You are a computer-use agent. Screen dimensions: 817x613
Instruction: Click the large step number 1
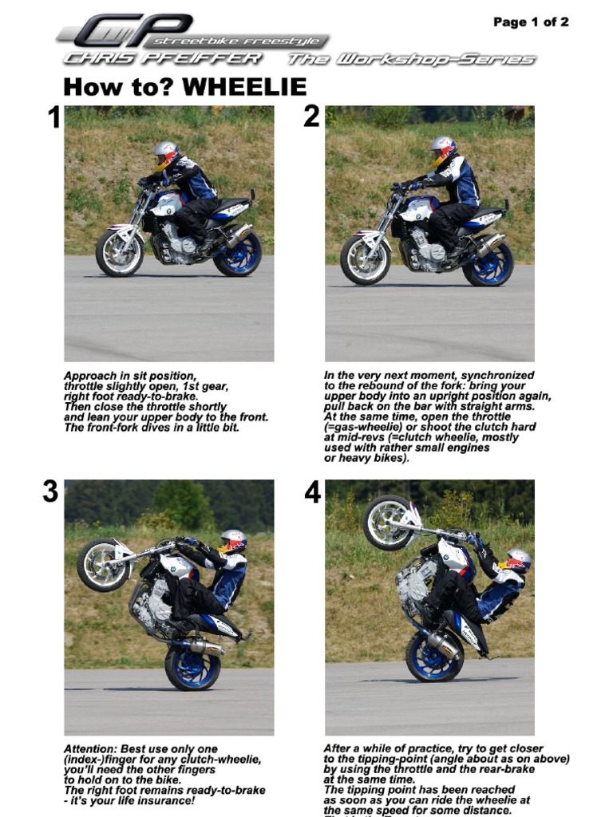tap(53, 119)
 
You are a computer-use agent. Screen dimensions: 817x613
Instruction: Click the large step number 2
tap(311, 117)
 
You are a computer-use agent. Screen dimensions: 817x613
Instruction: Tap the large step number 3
tap(50, 492)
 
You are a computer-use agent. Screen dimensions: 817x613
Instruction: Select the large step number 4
tap(312, 493)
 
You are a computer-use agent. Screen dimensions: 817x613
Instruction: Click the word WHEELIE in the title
tap(244, 87)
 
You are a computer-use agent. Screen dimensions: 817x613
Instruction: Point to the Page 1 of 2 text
tap(530, 22)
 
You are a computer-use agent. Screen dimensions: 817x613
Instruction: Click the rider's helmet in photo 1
tap(166, 153)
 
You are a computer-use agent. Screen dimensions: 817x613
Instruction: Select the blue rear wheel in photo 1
tap(238, 254)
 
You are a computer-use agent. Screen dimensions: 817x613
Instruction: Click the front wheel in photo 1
tap(119, 252)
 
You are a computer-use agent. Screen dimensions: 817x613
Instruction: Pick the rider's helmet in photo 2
tap(442, 149)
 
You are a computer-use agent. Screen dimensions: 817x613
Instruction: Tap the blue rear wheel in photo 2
tap(488, 262)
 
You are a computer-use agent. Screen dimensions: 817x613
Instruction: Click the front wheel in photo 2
tap(364, 259)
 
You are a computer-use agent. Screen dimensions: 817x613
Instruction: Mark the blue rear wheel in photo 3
tap(192, 667)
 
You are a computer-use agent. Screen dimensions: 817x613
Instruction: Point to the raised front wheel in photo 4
tap(389, 523)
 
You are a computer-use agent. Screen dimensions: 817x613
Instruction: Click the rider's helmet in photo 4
tap(518, 560)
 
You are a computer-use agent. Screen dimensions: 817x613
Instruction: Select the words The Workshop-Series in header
tap(411, 59)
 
